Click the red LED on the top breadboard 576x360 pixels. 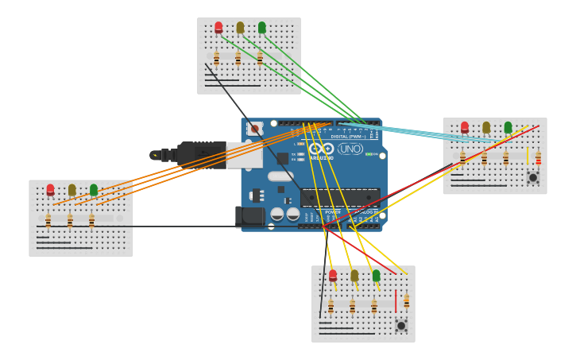tap(218, 28)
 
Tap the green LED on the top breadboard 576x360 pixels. tap(262, 28)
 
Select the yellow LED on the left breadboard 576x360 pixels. tap(72, 190)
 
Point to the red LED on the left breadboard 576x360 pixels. tap(50, 190)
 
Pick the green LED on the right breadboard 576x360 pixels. tap(508, 127)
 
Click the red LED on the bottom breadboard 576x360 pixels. tap(333, 276)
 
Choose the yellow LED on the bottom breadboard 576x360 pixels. tap(354, 276)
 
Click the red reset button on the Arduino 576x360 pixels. tap(254, 128)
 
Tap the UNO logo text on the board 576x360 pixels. tap(350, 149)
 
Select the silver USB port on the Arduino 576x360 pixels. tap(244, 155)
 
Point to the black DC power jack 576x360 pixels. tap(249, 215)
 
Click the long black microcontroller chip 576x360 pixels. tap(340, 197)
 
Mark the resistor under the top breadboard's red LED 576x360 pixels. tap(216, 58)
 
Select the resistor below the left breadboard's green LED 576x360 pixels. tap(91, 220)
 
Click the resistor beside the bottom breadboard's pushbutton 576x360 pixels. tap(407, 302)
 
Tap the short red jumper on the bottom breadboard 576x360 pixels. tap(395, 301)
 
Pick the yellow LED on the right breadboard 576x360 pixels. tap(486, 127)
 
